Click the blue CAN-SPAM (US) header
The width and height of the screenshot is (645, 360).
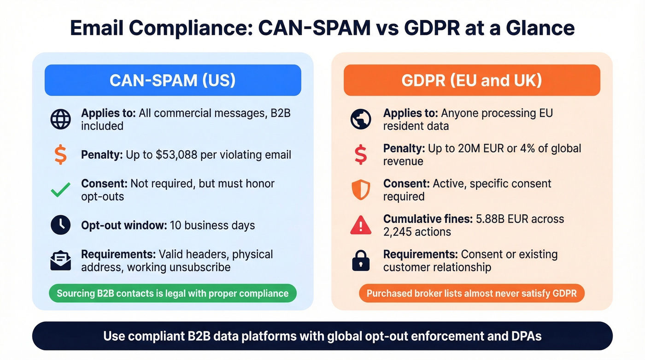coord(173,80)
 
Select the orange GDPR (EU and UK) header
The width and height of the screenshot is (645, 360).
coord(472,80)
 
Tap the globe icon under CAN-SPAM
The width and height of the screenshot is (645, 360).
coord(60,119)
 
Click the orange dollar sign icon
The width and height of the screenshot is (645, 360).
coord(60,154)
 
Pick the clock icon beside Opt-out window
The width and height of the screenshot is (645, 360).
coord(60,225)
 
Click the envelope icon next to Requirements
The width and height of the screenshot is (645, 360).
coord(60,261)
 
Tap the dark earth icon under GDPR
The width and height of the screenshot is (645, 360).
coord(360,119)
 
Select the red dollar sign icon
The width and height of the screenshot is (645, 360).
coord(360,154)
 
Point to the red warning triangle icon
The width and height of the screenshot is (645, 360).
coord(360,225)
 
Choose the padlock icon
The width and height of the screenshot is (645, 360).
coord(360,261)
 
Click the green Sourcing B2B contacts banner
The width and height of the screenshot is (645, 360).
coord(172,293)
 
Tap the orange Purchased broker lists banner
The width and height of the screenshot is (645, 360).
coord(471,293)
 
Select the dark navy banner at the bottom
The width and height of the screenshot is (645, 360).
coord(322,336)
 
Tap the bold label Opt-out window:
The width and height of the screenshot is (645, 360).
coord(123,225)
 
